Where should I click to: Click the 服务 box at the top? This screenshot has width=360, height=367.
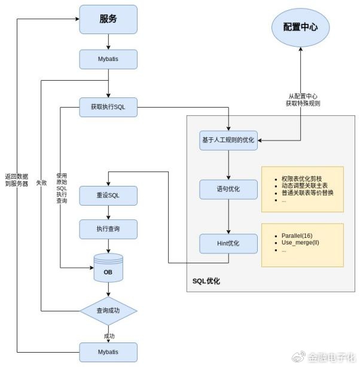pyautogui.click(x=108, y=19)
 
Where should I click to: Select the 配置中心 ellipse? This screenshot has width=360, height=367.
pyautogui.click(x=300, y=27)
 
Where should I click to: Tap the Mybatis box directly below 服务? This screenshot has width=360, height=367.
pyautogui.click(x=108, y=59)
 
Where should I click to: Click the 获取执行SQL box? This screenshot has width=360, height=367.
pyautogui.click(x=108, y=107)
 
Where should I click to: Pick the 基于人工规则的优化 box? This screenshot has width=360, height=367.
pyautogui.click(x=228, y=140)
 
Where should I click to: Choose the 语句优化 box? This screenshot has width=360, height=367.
pyautogui.click(x=228, y=189)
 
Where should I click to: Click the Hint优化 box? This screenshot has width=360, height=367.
pyautogui.click(x=228, y=244)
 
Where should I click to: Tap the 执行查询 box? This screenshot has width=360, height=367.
pyautogui.click(x=108, y=230)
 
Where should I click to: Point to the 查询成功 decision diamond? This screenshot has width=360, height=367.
pyautogui.click(x=108, y=311)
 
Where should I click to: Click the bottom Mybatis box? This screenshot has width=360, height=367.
pyautogui.click(x=108, y=351)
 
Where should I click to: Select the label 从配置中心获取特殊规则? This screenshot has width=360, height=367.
pyautogui.click(x=303, y=99)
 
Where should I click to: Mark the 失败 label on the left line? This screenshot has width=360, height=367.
pyautogui.click(x=41, y=181)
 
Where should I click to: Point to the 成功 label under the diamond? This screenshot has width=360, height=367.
pyautogui.click(x=108, y=335)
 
